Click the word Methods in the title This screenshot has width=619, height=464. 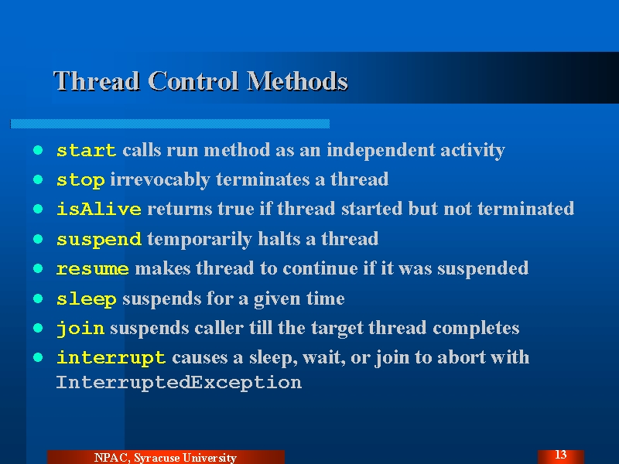[297, 81]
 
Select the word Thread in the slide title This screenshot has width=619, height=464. [97, 81]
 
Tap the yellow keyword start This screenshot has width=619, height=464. [87, 150]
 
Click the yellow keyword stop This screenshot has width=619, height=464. [80, 180]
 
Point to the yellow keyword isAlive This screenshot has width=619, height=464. [99, 209]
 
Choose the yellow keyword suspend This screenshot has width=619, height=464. [99, 240]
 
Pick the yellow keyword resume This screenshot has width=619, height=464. [92, 269]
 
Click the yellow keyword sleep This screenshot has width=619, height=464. [87, 299]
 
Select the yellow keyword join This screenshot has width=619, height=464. [80, 328]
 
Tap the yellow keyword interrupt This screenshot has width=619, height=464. [111, 358]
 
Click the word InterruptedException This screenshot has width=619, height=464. [179, 383]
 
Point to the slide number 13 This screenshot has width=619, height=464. [560, 455]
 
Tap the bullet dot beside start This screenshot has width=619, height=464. [38, 150]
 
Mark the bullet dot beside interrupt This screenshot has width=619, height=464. [38, 357]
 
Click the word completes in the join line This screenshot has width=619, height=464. [476, 328]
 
